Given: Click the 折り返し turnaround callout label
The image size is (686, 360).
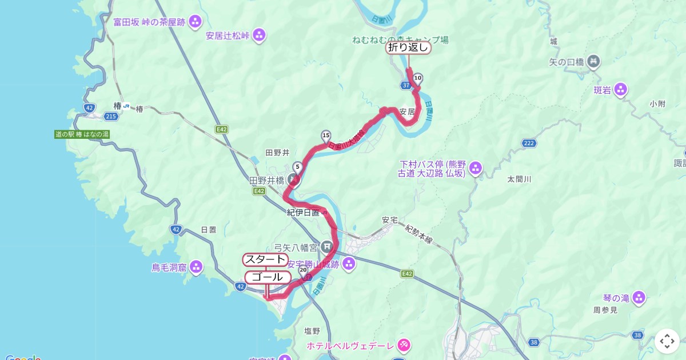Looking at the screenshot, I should pos(408,48).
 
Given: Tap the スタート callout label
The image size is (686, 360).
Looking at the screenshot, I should pos(265,259).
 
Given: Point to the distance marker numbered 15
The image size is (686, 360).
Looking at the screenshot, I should pos(326,135).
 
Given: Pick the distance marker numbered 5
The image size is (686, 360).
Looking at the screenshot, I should pos(297,167).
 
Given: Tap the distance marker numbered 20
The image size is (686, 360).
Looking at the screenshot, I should pos(303,269).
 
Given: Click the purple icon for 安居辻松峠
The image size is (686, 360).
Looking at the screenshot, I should pos(259,35).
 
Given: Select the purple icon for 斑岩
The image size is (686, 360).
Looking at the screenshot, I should pos(620,90).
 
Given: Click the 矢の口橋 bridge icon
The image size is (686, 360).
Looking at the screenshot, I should pos(593,61).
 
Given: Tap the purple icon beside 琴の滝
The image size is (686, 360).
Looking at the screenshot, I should pos(639,298).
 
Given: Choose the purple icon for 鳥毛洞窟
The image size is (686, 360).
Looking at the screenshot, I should pos(196,267).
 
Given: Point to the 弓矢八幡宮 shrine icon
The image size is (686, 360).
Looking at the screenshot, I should pos(326,247).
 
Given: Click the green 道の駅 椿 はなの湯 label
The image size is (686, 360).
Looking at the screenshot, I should pos(82,134).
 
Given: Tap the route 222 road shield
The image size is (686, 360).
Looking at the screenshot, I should pos(529,143).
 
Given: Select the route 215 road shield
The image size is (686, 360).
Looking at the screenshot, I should pos(111,116).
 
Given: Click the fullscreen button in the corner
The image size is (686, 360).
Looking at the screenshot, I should pos(667,341).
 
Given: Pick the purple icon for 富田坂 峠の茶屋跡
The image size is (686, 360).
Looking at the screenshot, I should pos(195,22).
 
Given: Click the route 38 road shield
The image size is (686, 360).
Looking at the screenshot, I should pos(534,342).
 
